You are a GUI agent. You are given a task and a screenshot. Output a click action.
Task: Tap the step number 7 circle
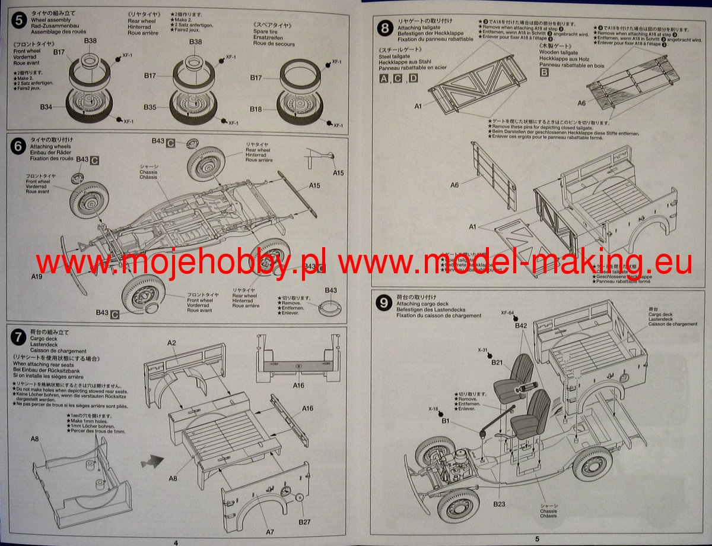[x=19, y=337]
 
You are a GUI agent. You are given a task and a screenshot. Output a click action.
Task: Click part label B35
[x=150, y=107]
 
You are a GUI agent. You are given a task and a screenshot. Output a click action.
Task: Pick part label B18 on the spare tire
[x=256, y=109]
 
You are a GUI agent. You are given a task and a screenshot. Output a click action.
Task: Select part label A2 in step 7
[x=171, y=343]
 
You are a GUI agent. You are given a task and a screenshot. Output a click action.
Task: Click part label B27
[x=305, y=522]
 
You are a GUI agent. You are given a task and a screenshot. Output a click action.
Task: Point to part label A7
[x=270, y=532]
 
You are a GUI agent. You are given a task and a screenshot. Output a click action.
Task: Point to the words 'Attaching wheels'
[x=50, y=146]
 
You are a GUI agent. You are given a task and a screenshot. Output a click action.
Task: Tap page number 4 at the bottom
[x=176, y=542]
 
